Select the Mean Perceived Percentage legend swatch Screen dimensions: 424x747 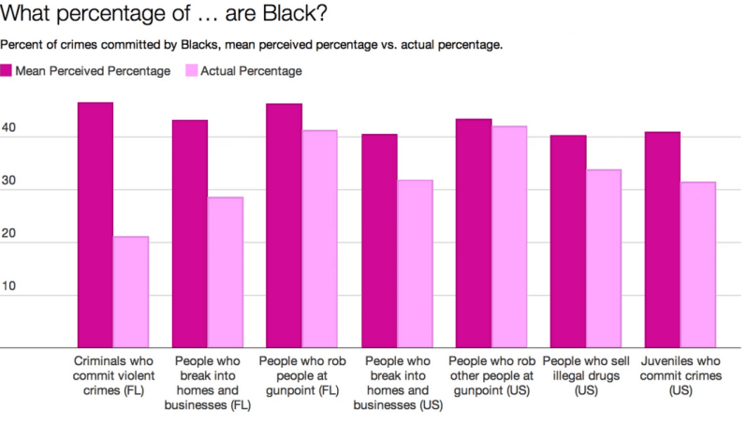tap(7, 70)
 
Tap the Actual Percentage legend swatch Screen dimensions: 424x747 tap(193, 70)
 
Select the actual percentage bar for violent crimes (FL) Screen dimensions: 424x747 tap(131, 292)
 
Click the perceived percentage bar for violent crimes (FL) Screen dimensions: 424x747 tap(95, 225)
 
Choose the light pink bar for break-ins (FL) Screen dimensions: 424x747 tap(226, 272)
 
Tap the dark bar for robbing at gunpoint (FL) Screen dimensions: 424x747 tap(285, 226)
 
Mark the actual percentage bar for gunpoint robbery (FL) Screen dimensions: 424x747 tap(320, 239)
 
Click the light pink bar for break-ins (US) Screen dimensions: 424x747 tap(415, 264)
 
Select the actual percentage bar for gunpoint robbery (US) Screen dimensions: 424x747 tap(509, 237)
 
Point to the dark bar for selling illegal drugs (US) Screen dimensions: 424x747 tap(568, 241)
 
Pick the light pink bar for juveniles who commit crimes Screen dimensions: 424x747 tap(698, 265)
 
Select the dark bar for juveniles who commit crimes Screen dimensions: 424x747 tap(663, 240)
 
